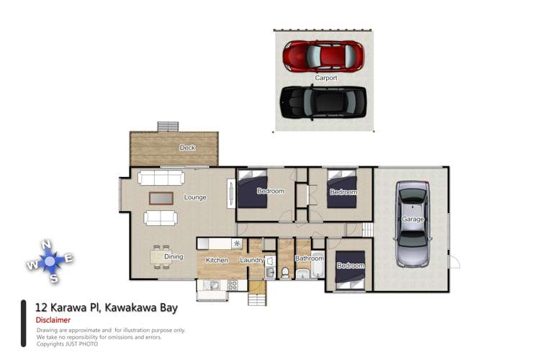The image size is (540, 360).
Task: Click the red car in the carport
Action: pos(323,55)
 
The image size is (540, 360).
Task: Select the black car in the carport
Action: pos(323,102)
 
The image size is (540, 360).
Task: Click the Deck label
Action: pos(187,148)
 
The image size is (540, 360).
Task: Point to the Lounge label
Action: pos(195,197)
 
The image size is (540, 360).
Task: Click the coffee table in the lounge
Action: pos(161,197)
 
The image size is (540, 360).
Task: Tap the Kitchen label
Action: pos(217,260)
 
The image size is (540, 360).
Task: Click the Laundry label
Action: pos(252,260)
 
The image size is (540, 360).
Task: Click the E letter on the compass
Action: pos(69,258)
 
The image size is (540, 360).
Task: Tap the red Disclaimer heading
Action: pos(53,320)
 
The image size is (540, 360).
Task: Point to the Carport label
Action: pos(325,78)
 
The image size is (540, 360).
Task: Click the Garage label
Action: pos(413,219)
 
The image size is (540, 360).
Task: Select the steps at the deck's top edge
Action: pos(168,126)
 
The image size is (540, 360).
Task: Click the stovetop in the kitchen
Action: pos(233,286)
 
